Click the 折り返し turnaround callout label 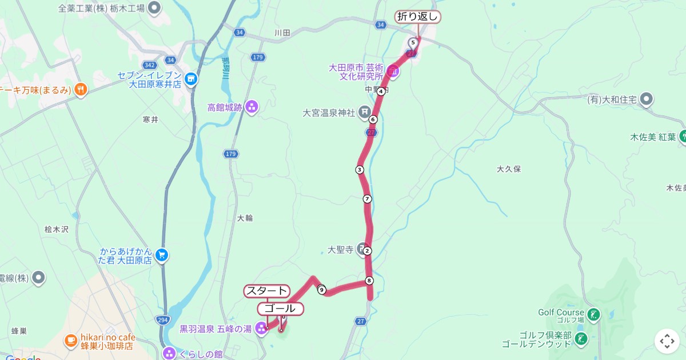(418, 17)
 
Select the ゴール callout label (281, 309)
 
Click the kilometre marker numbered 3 (360, 170)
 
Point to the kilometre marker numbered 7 (367, 199)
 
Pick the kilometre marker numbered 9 (322, 290)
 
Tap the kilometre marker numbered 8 (369, 281)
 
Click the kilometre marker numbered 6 (373, 119)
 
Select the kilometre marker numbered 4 (380, 91)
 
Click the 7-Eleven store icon (191, 79)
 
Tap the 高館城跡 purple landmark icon (252, 107)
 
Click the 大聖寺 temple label (341, 250)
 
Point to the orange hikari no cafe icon (70, 341)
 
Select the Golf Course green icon (594, 313)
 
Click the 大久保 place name (509, 169)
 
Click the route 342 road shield (150, 65)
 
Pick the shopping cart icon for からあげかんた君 (162, 255)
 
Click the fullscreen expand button (667, 341)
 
